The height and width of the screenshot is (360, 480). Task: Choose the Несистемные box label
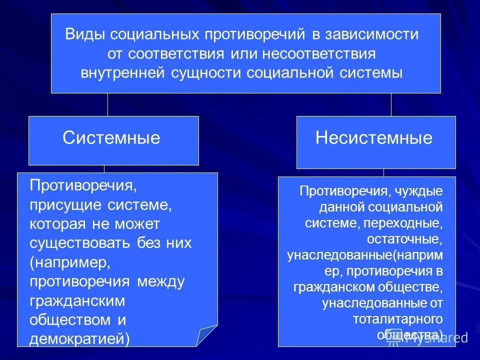[x=373, y=138]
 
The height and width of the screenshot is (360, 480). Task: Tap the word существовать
[x=82, y=243]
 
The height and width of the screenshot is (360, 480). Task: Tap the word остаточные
[x=405, y=238]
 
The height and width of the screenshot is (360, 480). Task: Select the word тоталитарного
[x=398, y=318]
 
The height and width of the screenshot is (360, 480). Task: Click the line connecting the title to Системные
[x=107, y=104]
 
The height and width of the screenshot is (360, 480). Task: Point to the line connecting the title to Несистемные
[x=391, y=104]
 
